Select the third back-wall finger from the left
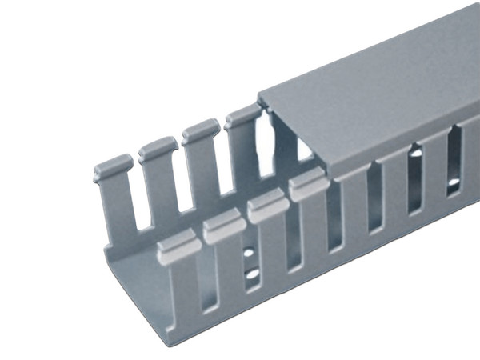pos(200,131)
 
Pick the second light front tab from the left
pos(223,228)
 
